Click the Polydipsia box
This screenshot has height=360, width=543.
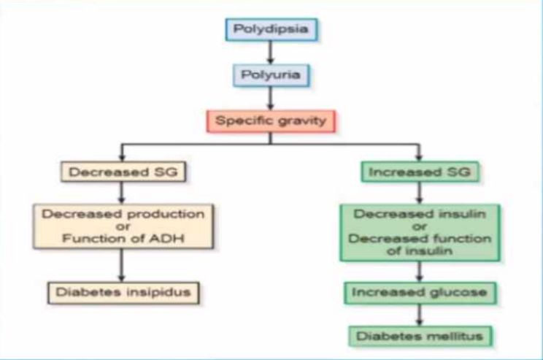tap(271, 29)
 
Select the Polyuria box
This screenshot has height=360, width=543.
tap(271, 75)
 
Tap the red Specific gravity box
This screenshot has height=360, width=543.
tap(271, 121)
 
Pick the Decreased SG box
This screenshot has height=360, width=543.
tap(123, 172)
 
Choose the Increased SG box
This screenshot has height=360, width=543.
tap(420, 172)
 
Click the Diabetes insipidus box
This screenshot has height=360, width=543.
tap(123, 293)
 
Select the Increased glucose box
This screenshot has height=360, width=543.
tap(420, 293)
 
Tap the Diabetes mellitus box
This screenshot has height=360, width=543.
tap(420, 336)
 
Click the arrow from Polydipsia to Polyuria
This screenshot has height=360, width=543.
tap(271, 53)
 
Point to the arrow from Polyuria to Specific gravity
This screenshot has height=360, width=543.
tap(271, 99)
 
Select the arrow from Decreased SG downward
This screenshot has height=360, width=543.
tap(122, 193)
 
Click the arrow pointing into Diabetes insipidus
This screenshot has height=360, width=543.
tap(122, 265)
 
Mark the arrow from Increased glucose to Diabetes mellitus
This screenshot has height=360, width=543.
tap(420, 315)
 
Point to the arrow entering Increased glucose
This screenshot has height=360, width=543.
tap(420, 272)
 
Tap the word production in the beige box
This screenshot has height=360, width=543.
tap(166, 215)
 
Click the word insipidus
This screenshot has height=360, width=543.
tap(158, 292)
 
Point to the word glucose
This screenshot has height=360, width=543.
tap(458, 293)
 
